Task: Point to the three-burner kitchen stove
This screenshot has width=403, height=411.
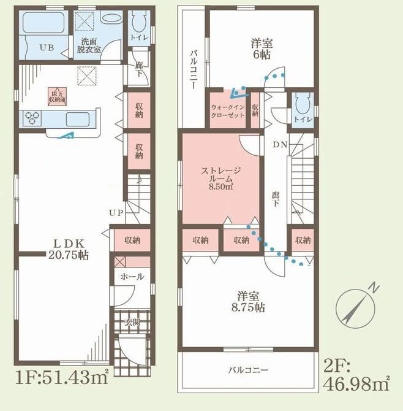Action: coord(32,118)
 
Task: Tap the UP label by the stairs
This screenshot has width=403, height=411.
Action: coord(116,213)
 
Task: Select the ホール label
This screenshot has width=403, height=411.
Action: coord(133,277)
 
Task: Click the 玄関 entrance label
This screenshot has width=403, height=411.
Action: coord(133,321)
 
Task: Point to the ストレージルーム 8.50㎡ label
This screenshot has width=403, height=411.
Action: coord(220,179)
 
